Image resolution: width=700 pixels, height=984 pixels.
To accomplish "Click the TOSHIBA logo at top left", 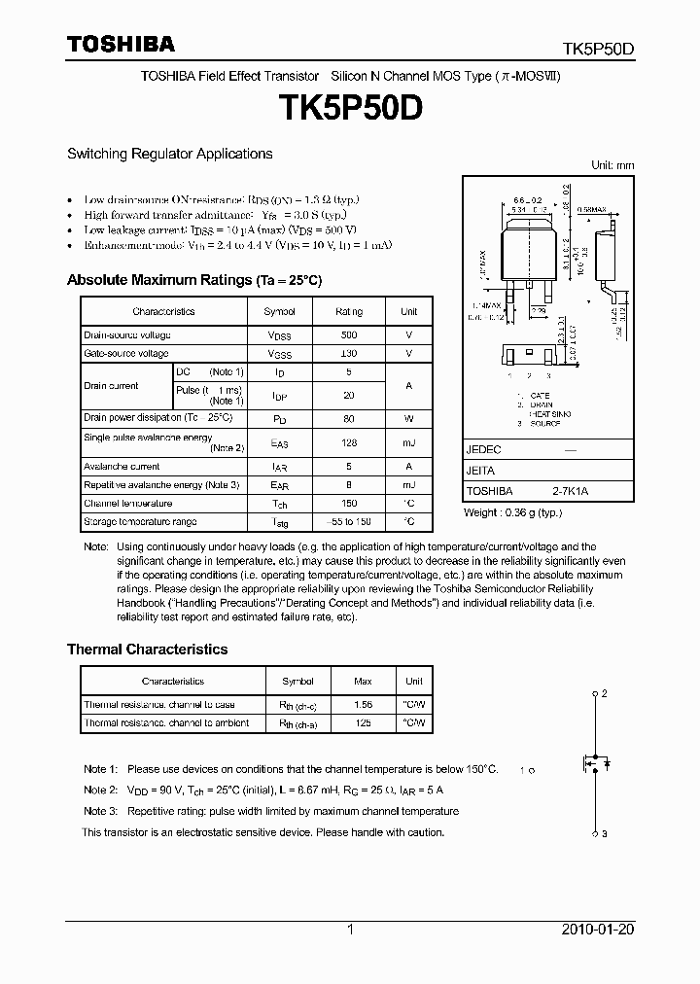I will coord(121,44).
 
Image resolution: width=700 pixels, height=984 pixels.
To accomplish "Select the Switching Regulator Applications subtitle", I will coord(169,154).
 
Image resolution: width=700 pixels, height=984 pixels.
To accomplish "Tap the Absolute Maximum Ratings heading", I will coord(193,280).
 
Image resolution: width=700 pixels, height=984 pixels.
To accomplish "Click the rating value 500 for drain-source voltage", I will coord(349,334).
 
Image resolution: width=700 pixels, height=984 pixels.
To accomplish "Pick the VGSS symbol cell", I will coord(279,354).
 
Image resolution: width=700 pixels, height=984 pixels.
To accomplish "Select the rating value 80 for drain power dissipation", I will coord(349,418).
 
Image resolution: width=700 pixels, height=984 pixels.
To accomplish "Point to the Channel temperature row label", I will coord(128,504).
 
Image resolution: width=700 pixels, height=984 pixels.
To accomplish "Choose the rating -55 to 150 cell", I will coord(349,522).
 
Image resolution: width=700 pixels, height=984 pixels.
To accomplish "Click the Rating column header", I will coord(349,311).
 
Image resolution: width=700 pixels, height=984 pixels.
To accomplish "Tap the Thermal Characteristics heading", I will coord(147,650).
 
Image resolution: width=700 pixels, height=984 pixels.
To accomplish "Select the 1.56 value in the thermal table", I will coord(364,704).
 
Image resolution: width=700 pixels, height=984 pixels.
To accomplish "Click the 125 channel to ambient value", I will coord(364,722).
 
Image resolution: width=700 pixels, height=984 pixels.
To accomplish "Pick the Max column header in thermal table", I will coord(364,682).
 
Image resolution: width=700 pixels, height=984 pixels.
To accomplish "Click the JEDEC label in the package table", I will coord(483,450).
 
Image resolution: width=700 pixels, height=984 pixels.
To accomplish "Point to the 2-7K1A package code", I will coord(570,492).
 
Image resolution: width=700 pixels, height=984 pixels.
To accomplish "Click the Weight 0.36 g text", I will coord(512,512).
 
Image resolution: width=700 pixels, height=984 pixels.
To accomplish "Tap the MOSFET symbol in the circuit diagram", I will coord(595,763).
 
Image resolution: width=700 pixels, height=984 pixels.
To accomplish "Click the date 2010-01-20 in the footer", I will coord(598,930).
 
